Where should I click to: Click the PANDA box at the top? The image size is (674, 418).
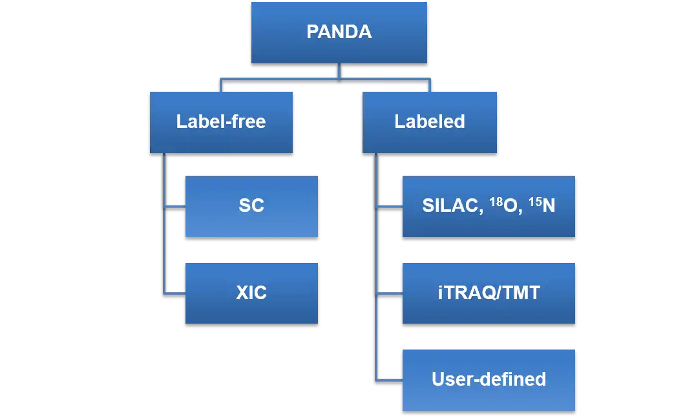coord(339,32)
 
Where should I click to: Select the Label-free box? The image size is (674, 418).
coord(221,121)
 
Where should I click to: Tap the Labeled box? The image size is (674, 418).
coord(430,121)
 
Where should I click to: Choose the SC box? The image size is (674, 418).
coord(251,206)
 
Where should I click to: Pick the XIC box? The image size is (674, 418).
coord(251,293)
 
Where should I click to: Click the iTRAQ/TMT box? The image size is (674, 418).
coord(489,293)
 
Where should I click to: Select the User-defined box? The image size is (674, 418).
coord(489,380)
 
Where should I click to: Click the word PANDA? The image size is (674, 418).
coord(339,32)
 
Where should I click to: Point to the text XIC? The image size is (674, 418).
coord(251,293)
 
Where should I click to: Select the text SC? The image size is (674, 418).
coord(251,206)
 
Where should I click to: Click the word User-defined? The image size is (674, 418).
coord(489,379)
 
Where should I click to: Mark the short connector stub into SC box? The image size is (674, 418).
coord(175,207)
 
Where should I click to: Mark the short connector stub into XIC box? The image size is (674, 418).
coord(175,293)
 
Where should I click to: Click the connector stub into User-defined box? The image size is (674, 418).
coord(389,380)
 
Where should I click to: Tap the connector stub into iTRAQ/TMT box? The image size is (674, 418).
coord(389,293)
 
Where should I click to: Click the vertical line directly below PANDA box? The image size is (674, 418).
coord(339,71)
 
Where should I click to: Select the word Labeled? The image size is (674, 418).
coord(430,121)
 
